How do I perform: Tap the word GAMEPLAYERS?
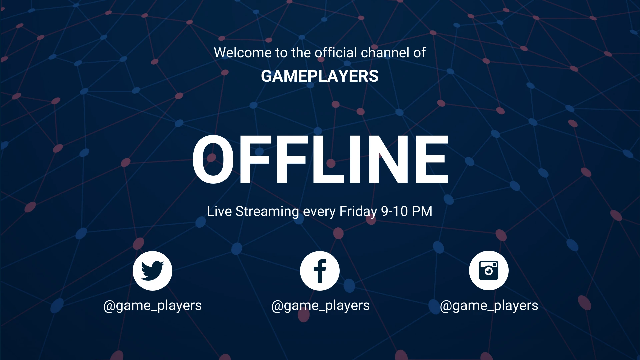320,76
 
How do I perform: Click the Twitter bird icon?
152,270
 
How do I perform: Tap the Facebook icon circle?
320,271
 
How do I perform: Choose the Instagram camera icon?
489,270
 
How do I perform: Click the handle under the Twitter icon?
152,306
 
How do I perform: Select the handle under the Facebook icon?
320,306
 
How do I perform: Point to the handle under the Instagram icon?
489,306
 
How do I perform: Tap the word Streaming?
267,212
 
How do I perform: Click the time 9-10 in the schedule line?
394,211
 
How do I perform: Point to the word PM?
422,211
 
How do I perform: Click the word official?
336,53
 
